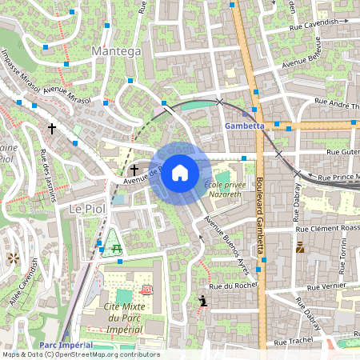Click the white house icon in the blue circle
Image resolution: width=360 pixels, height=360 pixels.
[180, 173]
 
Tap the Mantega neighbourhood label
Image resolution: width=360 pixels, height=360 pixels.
[116, 51]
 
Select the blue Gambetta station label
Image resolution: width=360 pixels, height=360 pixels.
[244, 126]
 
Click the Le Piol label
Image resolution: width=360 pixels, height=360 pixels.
[87, 208]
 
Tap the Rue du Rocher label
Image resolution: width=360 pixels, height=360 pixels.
[232, 286]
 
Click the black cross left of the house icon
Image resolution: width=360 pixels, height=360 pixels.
[134, 170]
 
